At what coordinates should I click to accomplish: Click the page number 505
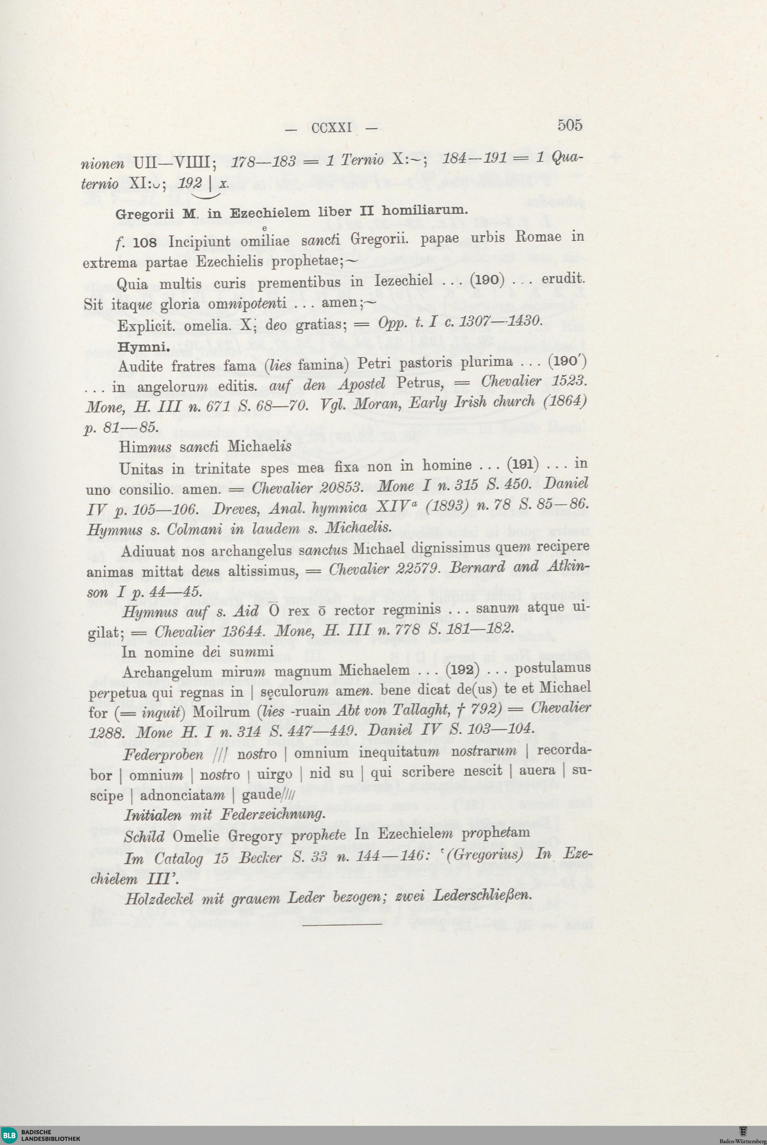point(570,125)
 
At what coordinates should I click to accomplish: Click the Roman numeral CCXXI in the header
point(332,128)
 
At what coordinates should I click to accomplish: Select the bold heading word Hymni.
point(144,348)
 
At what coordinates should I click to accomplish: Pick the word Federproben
point(163,755)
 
